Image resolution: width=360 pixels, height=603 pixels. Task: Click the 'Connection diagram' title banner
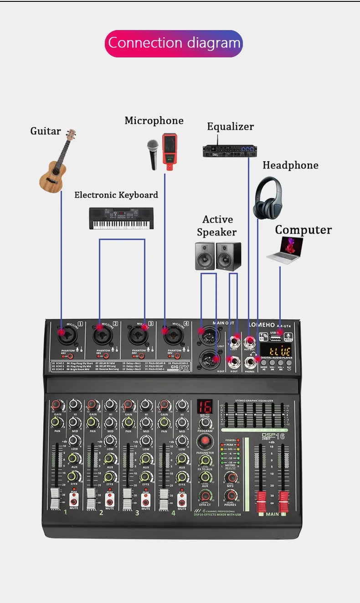[174, 44]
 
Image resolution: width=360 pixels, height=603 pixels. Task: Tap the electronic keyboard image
[121, 219]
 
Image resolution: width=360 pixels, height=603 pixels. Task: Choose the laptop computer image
[285, 250]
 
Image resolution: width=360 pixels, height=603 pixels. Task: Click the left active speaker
[205, 256]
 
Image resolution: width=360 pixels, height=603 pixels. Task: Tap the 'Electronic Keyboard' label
[116, 195]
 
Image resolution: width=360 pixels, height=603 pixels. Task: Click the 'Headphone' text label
[290, 165]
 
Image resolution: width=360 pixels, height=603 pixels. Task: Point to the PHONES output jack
[250, 362]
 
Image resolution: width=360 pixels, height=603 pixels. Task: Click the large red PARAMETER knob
[205, 441]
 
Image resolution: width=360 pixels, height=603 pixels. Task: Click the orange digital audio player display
[279, 351]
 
